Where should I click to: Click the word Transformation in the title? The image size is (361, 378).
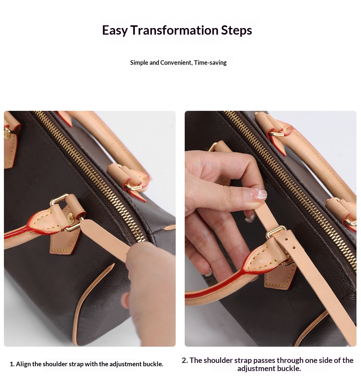(174, 30)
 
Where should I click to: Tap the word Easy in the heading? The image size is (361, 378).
(115, 30)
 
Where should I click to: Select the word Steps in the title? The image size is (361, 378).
(236, 30)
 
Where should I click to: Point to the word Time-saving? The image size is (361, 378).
(210, 63)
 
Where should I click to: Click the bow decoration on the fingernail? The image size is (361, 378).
(261, 193)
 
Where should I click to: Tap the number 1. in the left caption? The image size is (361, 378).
(12, 364)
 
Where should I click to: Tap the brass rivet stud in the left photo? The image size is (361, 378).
(71, 218)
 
